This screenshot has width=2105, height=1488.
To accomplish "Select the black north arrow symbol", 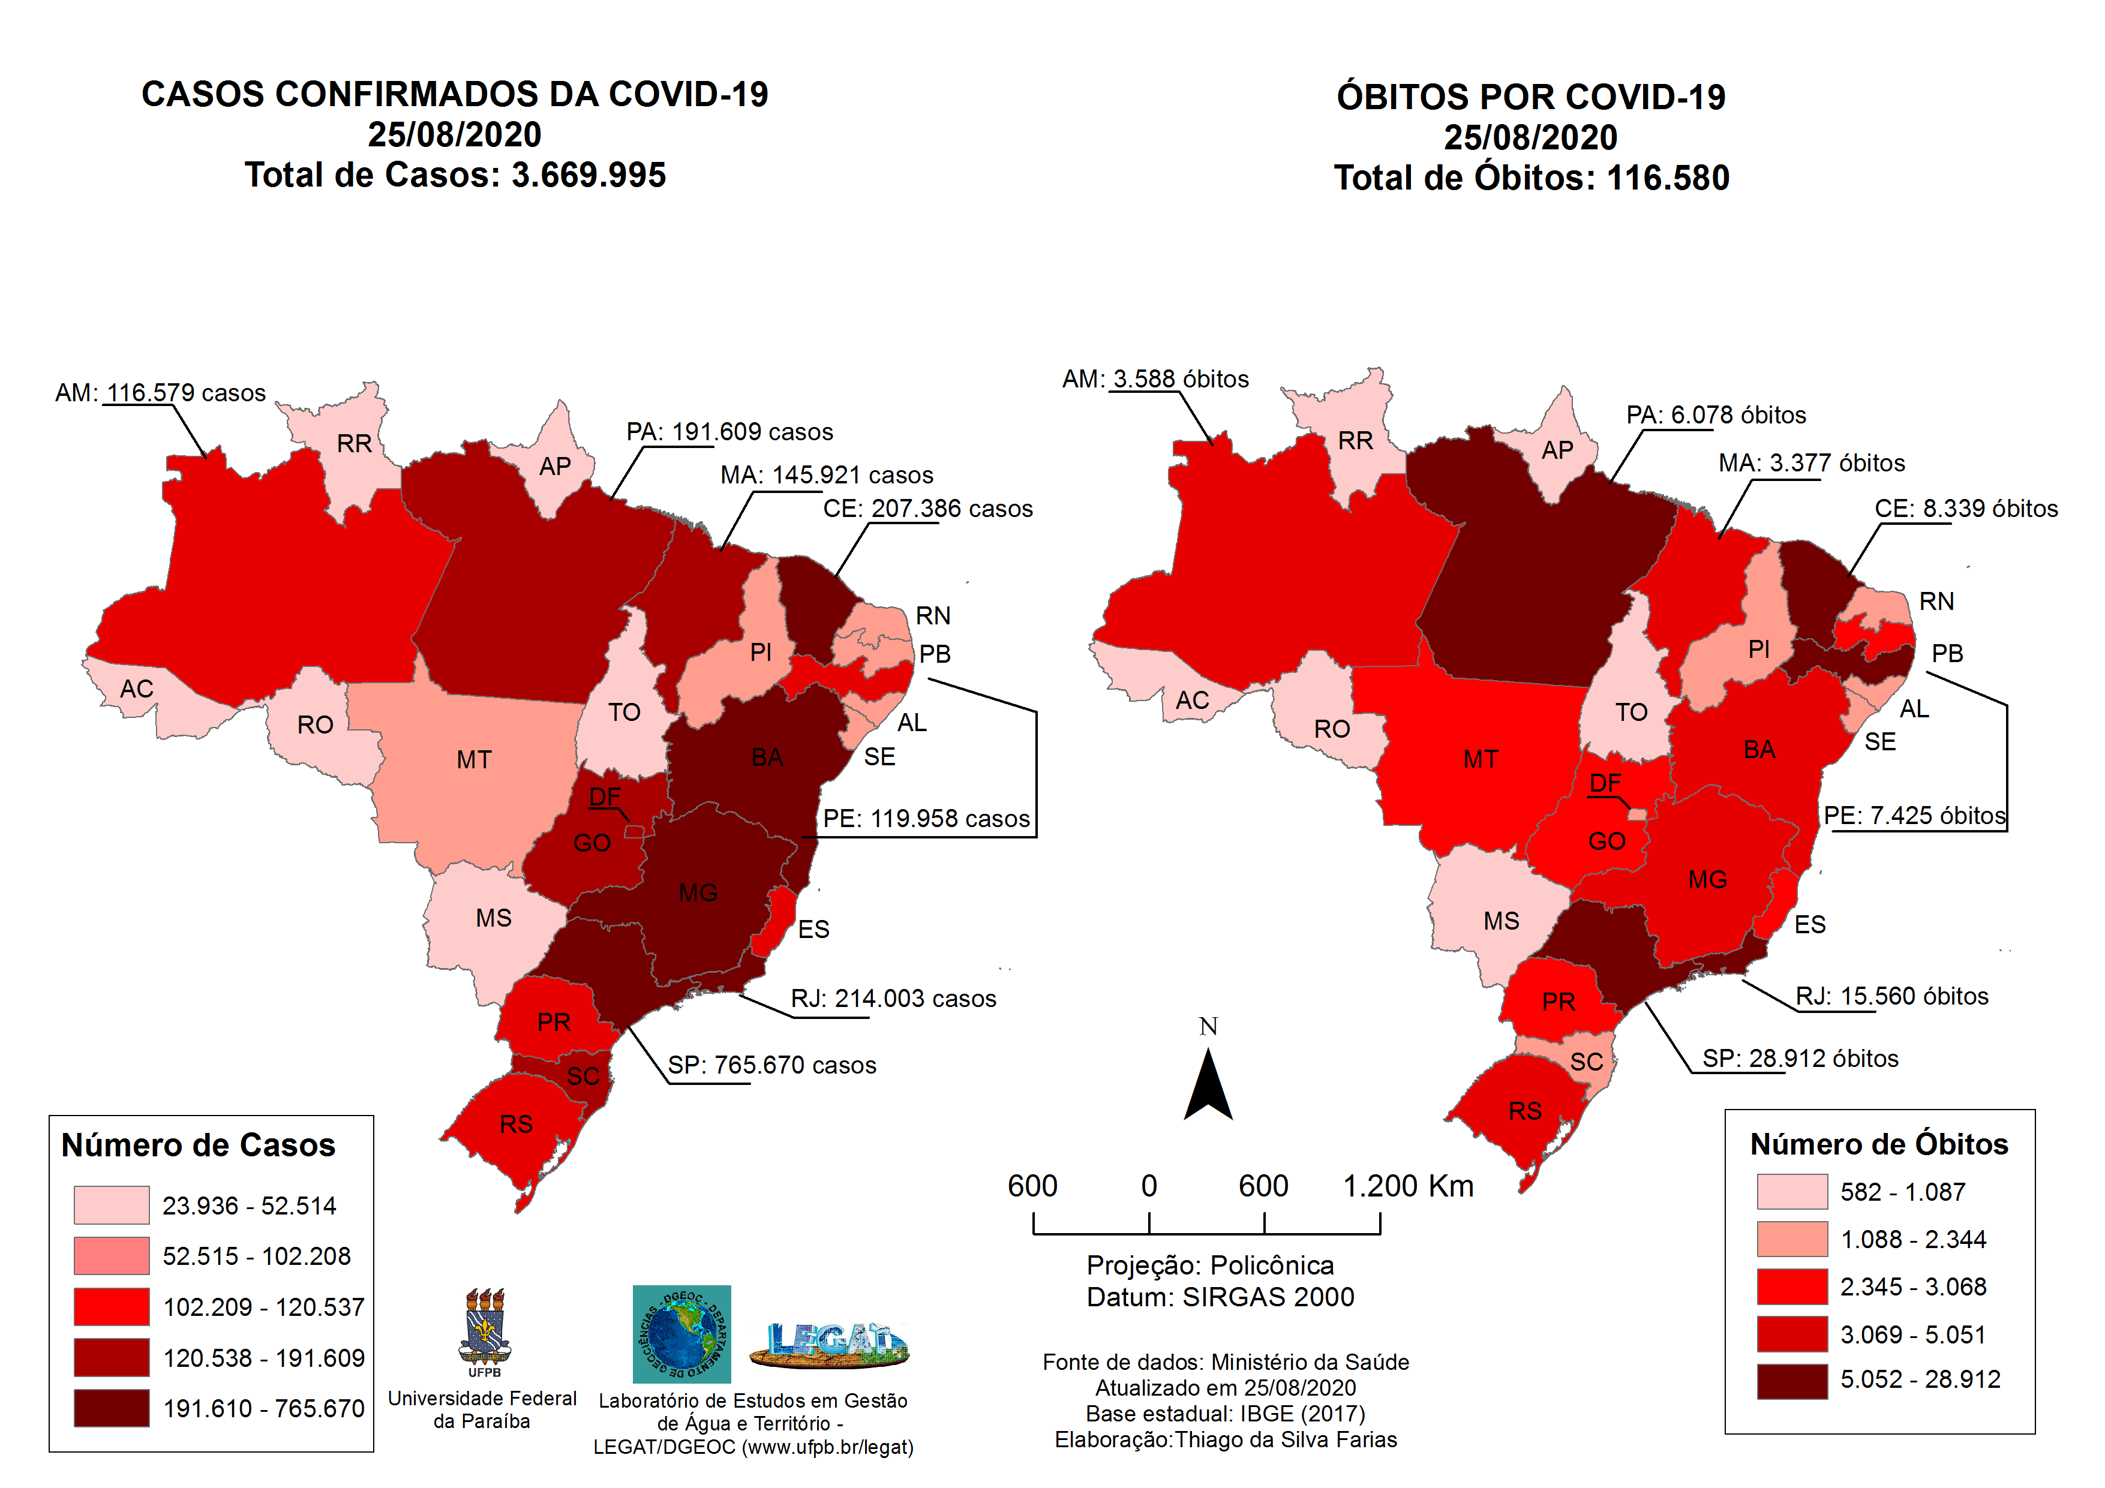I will pyautogui.click(x=1208, y=1086).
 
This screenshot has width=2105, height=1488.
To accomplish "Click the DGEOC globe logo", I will pyautogui.click(x=681, y=1334).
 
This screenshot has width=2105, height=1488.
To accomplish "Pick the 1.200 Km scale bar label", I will pyautogui.click(x=1407, y=1186).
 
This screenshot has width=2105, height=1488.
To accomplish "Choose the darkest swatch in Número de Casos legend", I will pyautogui.click(x=111, y=1407).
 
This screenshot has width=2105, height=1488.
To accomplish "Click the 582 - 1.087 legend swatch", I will pyautogui.click(x=1791, y=1191).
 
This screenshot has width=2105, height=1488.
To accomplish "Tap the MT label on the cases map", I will pyautogui.click(x=474, y=759).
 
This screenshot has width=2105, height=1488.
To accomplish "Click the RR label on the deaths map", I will pyautogui.click(x=1355, y=440).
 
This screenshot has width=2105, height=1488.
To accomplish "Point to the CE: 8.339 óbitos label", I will pyautogui.click(x=1966, y=508).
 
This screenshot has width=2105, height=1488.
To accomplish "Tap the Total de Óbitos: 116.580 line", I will pyautogui.click(x=1531, y=177).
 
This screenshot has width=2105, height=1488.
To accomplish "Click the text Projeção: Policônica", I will pyautogui.click(x=1209, y=1265).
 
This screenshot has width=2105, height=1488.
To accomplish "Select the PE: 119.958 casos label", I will pyautogui.click(x=926, y=818).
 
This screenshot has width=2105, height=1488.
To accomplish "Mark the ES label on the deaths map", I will pyautogui.click(x=1810, y=924).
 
